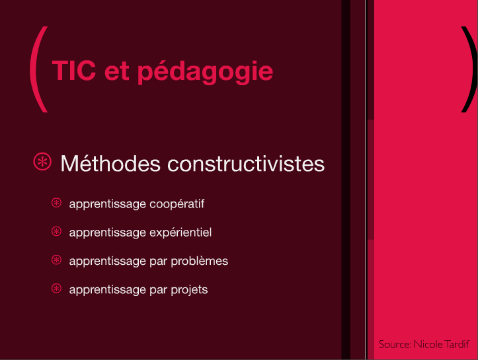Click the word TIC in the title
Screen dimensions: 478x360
pyautogui.click(x=74, y=71)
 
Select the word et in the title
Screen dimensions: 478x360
pyautogui.click(x=117, y=71)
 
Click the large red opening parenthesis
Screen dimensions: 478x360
pyautogui.click(x=39, y=69)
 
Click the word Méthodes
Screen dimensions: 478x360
pyautogui.click(x=110, y=164)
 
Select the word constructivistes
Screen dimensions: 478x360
pyautogui.click(x=246, y=164)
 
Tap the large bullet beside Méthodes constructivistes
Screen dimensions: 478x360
pyautogui.click(x=42, y=161)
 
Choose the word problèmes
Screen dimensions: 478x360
pyautogui.click(x=200, y=261)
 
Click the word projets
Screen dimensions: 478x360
pyautogui.click(x=189, y=289)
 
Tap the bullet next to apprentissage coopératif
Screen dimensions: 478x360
pyautogui.click(x=56, y=203)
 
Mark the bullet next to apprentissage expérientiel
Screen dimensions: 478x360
pyautogui.click(x=56, y=231)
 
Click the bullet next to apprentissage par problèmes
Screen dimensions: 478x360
pyautogui.click(x=56, y=260)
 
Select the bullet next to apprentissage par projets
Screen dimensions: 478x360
pyautogui.click(x=56, y=289)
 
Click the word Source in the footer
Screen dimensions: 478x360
pyautogui.click(x=395, y=344)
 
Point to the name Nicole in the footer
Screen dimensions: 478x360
pyautogui.click(x=428, y=344)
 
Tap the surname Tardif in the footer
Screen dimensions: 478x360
pyautogui.click(x=457, y=344)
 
